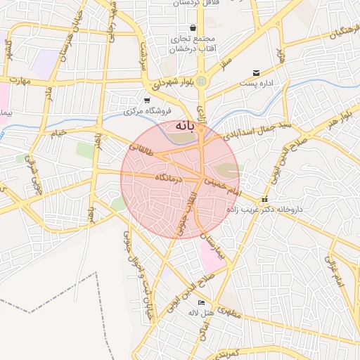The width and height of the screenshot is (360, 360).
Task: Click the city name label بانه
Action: click(x=183, y=127)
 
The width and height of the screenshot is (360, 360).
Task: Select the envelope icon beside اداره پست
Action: click(x=255, y=72)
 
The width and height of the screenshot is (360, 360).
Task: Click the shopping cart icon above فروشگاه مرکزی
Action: click(x=146, y=101)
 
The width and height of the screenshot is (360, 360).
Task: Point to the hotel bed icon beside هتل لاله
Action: click(x=202, y=303)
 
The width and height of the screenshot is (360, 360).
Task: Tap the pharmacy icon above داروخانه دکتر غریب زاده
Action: click(x=264, y=200)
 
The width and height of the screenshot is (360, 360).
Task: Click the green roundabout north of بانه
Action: click(x=202, y=82)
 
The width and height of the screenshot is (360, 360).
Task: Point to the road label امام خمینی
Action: click(x=223, y=186)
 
